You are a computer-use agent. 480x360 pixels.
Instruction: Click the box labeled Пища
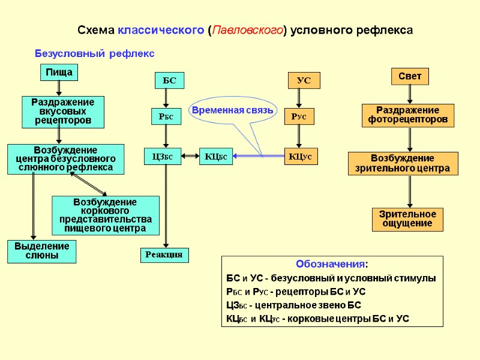(59, 73)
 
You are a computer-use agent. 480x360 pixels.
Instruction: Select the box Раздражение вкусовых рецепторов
(62, 112)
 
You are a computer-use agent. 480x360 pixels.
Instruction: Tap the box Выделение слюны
(42, 251)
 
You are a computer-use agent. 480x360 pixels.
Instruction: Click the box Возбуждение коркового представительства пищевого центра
(106, 215)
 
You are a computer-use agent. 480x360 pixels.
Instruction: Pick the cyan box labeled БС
(169, 80)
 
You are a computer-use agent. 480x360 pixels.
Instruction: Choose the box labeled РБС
(165, 117)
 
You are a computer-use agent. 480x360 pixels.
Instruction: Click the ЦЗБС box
(162, 157)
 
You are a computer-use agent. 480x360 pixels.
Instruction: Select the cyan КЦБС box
(216, 157)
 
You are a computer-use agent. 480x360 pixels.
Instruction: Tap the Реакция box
(164, 255)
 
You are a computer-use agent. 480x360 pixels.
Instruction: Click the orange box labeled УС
(304, 80)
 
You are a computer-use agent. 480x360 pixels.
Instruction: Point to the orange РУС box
(299, 117)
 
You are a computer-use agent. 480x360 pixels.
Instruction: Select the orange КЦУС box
(301, 157)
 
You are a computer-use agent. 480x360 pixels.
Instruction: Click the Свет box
(410, 76)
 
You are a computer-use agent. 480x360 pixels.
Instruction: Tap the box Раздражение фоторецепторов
(407, 115)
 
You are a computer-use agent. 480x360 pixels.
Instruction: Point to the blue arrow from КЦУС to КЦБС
(258, 157)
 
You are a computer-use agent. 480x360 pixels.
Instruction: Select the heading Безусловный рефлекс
(94, 53)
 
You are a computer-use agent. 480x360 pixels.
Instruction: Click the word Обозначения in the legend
(332, 265)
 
